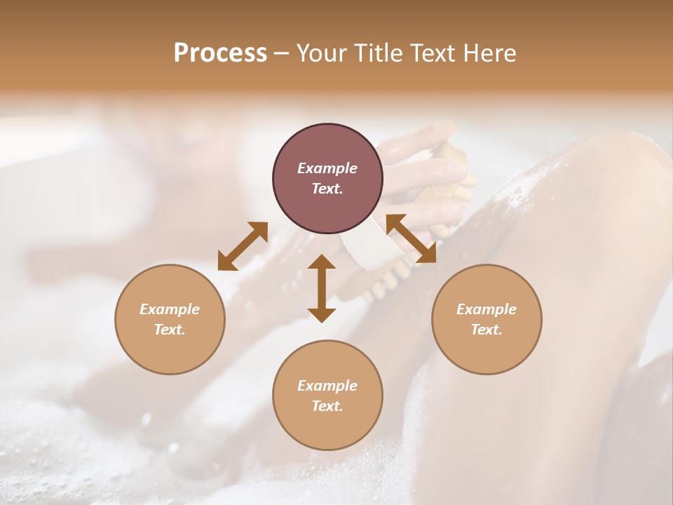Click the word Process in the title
220,53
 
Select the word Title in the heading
373,53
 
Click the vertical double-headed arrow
322,288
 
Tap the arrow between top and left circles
243,245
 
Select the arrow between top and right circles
412,238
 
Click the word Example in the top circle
327,168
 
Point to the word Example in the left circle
170,309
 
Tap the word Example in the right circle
487,309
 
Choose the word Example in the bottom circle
327,386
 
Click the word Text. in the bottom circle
327,406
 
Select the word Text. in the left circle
170,330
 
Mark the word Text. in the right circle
487,330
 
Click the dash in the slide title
282,53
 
